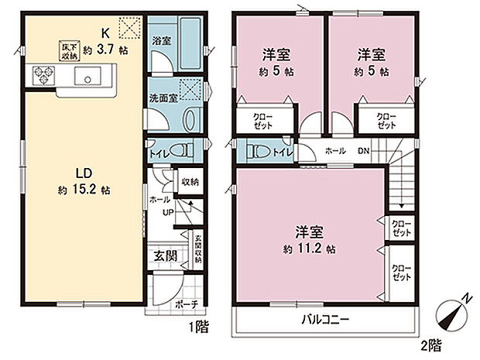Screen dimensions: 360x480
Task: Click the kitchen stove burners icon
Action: [x=43, y=76]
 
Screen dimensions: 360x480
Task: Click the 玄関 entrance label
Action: [x=164, y=255]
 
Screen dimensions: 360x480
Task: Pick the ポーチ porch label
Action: [x=183, y=302]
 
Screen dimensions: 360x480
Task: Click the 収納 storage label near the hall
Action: [x=190, y=182]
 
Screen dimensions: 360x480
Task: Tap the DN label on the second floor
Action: [x=362, y=151]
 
